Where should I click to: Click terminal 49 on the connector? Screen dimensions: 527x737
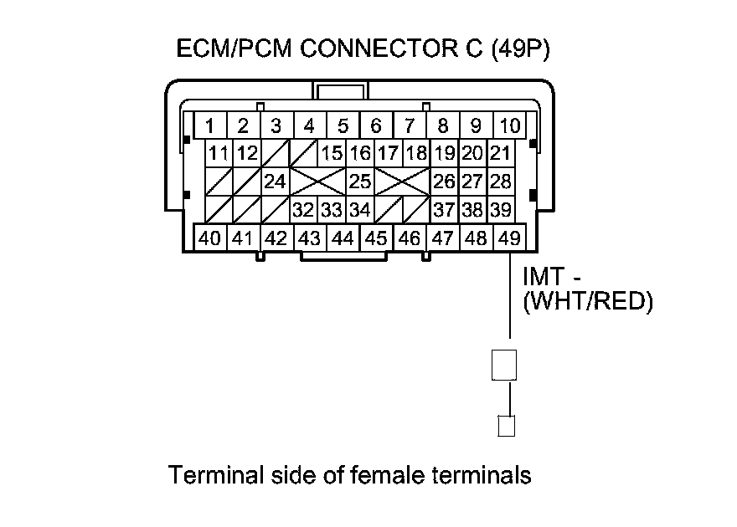point(509,238)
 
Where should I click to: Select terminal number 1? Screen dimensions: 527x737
point(209,126)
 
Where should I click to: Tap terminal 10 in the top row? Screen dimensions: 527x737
point(509,126)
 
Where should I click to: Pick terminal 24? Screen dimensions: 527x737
point(275,182)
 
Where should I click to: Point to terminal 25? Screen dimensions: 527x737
point(359,182)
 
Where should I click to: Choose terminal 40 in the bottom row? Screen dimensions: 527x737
point(209,238)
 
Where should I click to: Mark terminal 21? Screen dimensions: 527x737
point(500,154)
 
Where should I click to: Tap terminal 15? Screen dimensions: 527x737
point(332,154)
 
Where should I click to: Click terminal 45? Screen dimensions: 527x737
point(376,238)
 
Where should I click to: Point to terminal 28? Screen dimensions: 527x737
point(500,182)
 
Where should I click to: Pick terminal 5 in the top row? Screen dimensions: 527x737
point(343,126)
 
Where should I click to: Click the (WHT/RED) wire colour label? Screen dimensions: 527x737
point(586,300)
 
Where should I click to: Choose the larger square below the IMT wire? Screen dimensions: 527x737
point(504,365)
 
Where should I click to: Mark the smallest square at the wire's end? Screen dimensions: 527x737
point(505,426)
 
